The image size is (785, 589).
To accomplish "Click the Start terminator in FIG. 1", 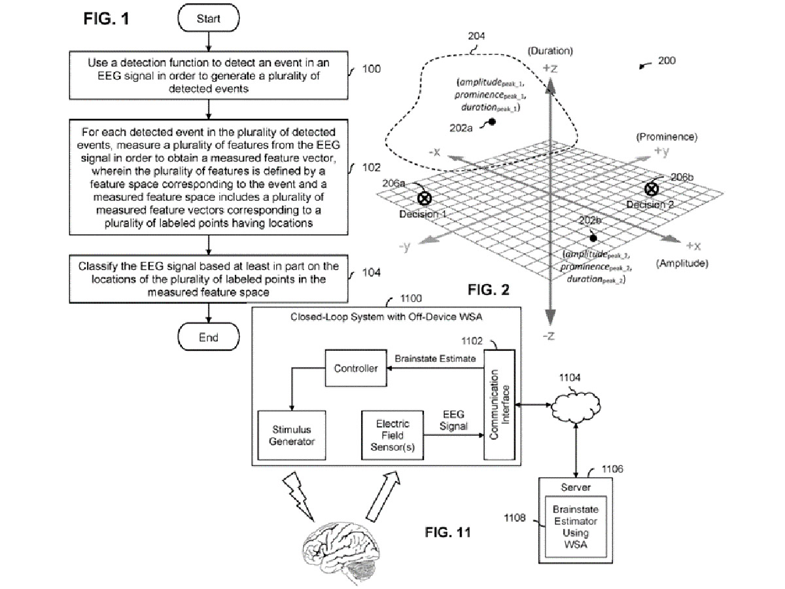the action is (x=209, y=18).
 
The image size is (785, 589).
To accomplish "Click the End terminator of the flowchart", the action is (x=209, y=337).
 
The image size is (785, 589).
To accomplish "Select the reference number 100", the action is (x=371, y=69).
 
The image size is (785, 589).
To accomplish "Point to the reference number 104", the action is (x=371, y=272).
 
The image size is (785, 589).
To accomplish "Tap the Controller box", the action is (x=356, y=368).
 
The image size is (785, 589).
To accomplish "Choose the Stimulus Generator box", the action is (x=292, y=435).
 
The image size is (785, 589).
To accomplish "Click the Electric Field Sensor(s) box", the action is (x=392, y=435).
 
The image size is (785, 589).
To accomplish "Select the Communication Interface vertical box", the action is (x=499, y=404).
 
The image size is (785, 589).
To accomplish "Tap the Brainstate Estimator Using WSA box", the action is (x=576, y=526).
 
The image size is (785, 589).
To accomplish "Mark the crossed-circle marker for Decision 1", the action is (x=425, y=198).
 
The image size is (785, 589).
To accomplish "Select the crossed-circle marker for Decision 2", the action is (x=652, y=189).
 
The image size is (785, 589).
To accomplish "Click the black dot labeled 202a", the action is (x=492, y=122).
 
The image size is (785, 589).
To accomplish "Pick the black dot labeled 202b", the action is (x=593, y=238).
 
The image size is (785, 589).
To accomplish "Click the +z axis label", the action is (x=550, y=68).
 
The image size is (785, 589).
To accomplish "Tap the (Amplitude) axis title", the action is (x=682, y=264).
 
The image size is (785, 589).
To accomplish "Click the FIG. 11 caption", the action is (x=447, y=533).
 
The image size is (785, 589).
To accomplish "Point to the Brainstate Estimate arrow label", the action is (x=435, y=359).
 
